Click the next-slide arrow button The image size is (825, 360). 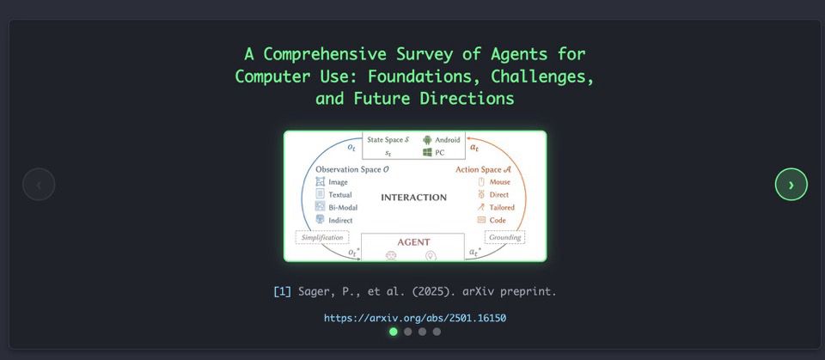(x=791, y=184)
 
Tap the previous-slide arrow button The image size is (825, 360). (x=39, y=184)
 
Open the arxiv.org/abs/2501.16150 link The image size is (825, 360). (x=414, y=318)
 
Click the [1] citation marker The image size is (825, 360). (x=282, y=291)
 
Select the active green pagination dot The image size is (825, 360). (x=393, y=332)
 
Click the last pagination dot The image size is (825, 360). (x=437, y=332)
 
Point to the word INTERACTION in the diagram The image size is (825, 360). (x=413, y=198)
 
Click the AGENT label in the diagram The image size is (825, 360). (x=413, y=242)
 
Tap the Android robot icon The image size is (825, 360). (x=427, y=140)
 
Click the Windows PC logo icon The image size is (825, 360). (x=427, y=152)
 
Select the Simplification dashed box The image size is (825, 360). (x=322, y=237)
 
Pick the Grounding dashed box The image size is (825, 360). (x=504, y=237)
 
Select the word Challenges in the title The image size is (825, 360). (x=542, y=76)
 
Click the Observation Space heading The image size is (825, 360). (x=352, y=169)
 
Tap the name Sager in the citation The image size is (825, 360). (x=312, y=291)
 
